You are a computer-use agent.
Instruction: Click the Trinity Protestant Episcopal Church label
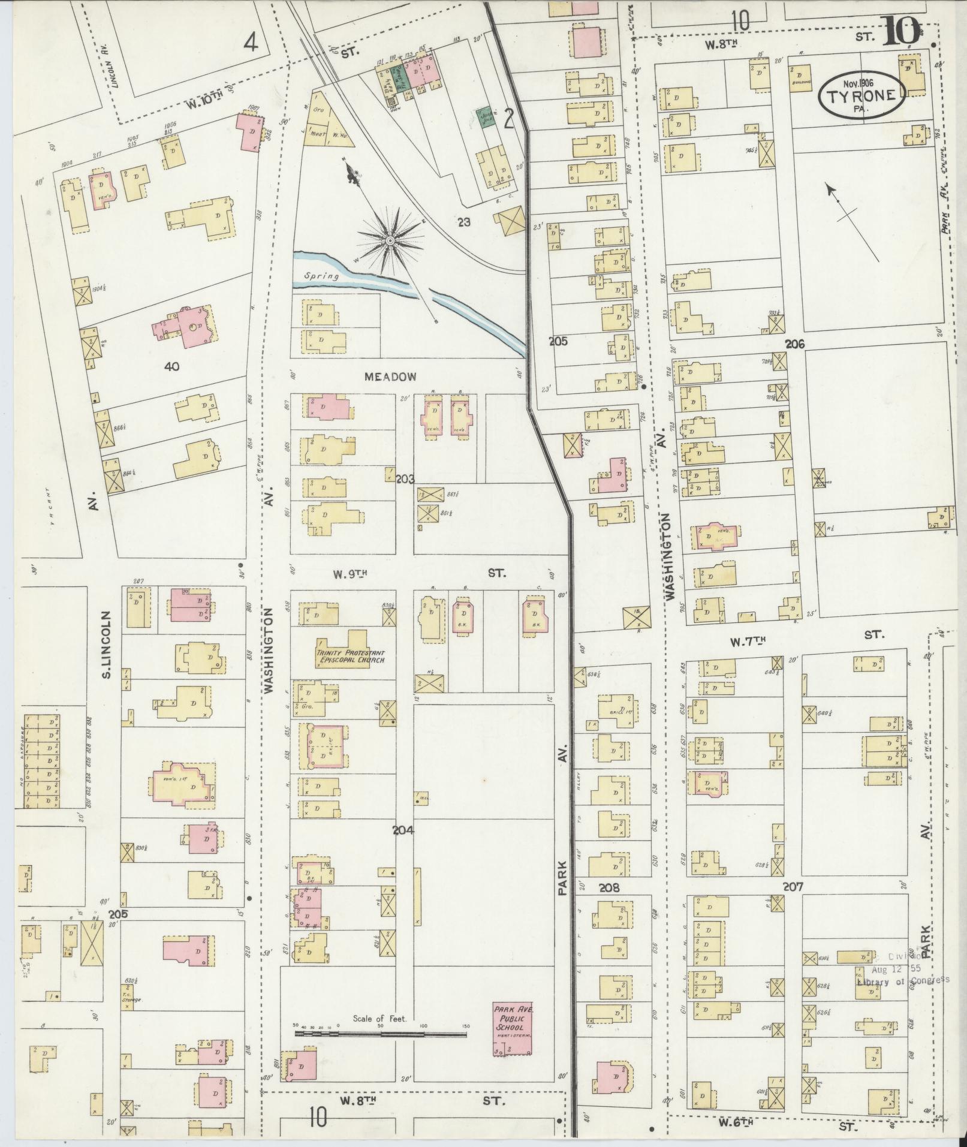point(350,657)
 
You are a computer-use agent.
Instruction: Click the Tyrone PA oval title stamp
point(862,95)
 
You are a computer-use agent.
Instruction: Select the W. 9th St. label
point(350,573)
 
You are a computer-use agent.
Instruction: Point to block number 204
point(403,830)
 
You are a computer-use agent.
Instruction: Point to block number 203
point(405,478)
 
